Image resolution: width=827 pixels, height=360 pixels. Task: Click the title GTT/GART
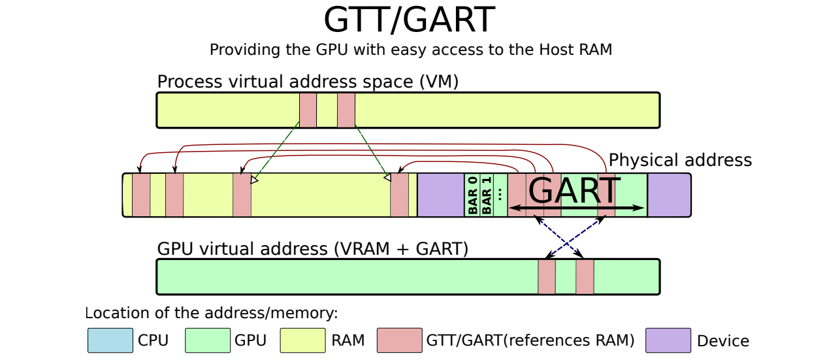click(409, 20)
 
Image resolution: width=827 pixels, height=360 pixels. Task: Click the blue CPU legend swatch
click(110, 340)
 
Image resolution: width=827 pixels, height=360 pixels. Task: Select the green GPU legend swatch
click(208, 340)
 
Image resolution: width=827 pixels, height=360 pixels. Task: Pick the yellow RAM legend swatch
click(302, 340)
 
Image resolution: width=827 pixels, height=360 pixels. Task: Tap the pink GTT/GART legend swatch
click(400, 340)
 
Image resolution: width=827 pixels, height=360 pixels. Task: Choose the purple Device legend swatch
click(668, 340)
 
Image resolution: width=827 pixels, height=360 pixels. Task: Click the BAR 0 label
click(472, 195)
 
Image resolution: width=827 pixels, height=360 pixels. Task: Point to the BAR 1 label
click(487, 195)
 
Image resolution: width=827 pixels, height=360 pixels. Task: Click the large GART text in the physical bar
click(574, 191)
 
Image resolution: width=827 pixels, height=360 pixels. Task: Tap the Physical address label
click(680, 160)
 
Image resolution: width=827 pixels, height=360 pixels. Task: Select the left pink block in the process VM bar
click(308, 110)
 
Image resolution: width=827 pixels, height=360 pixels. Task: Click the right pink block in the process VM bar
click(346, 110)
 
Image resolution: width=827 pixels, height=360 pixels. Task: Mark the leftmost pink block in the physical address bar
click(141, 195)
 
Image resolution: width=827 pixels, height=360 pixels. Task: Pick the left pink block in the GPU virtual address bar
click(546, 277)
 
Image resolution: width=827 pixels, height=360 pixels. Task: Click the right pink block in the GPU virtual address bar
click(585, 277)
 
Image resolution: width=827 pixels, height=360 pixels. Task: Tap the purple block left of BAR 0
click(441, 195)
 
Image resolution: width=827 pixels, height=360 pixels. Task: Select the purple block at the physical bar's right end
click(670, 195)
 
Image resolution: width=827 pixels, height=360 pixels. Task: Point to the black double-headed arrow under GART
click(576, 208)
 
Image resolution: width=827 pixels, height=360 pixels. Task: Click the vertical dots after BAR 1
click(500, 194)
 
